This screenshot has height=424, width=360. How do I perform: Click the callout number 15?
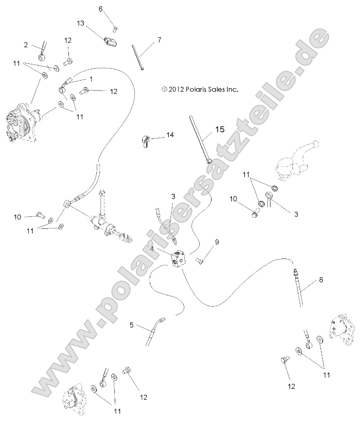pos(219,129)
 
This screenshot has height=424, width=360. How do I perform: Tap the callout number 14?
pos(170,135)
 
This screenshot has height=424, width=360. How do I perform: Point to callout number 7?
pos(159,40)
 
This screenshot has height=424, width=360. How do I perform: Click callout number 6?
pos(100,9)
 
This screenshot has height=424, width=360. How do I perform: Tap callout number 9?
pos(216,242)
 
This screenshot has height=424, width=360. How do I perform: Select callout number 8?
pos(321,280)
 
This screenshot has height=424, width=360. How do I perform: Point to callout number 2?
pos(26,45)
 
